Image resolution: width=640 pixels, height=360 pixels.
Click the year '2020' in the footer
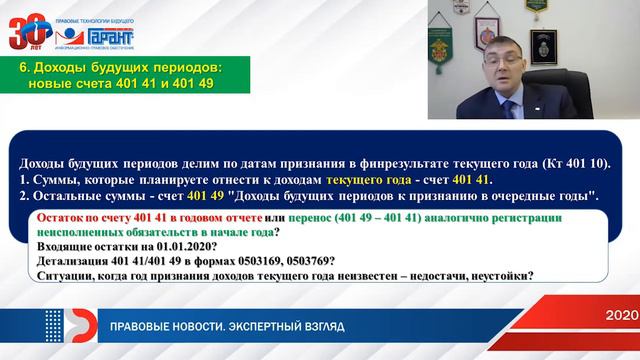click(x=621, y=316)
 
